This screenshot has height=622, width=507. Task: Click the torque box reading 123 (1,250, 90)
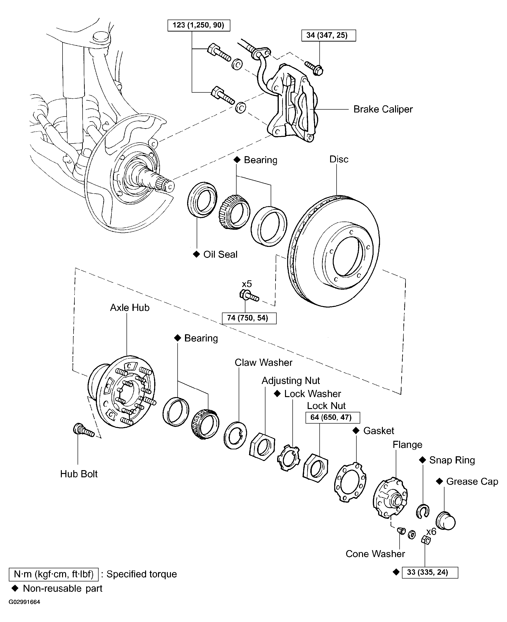click(199, 25)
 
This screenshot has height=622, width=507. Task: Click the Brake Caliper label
click(383, 109)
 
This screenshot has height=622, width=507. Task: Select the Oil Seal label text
click(220, 254)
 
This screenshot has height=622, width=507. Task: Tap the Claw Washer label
click(264, 362)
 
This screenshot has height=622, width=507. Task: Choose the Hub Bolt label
click(79, 474)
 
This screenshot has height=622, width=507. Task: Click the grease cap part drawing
click(446, 521)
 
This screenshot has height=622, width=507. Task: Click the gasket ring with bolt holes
click(350, 482)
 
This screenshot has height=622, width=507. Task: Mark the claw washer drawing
click(235, 435)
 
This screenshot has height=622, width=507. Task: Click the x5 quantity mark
click(247, 284)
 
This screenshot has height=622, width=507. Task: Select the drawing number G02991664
click(24, 602)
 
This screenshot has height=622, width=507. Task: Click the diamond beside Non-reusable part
click(15, 588)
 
